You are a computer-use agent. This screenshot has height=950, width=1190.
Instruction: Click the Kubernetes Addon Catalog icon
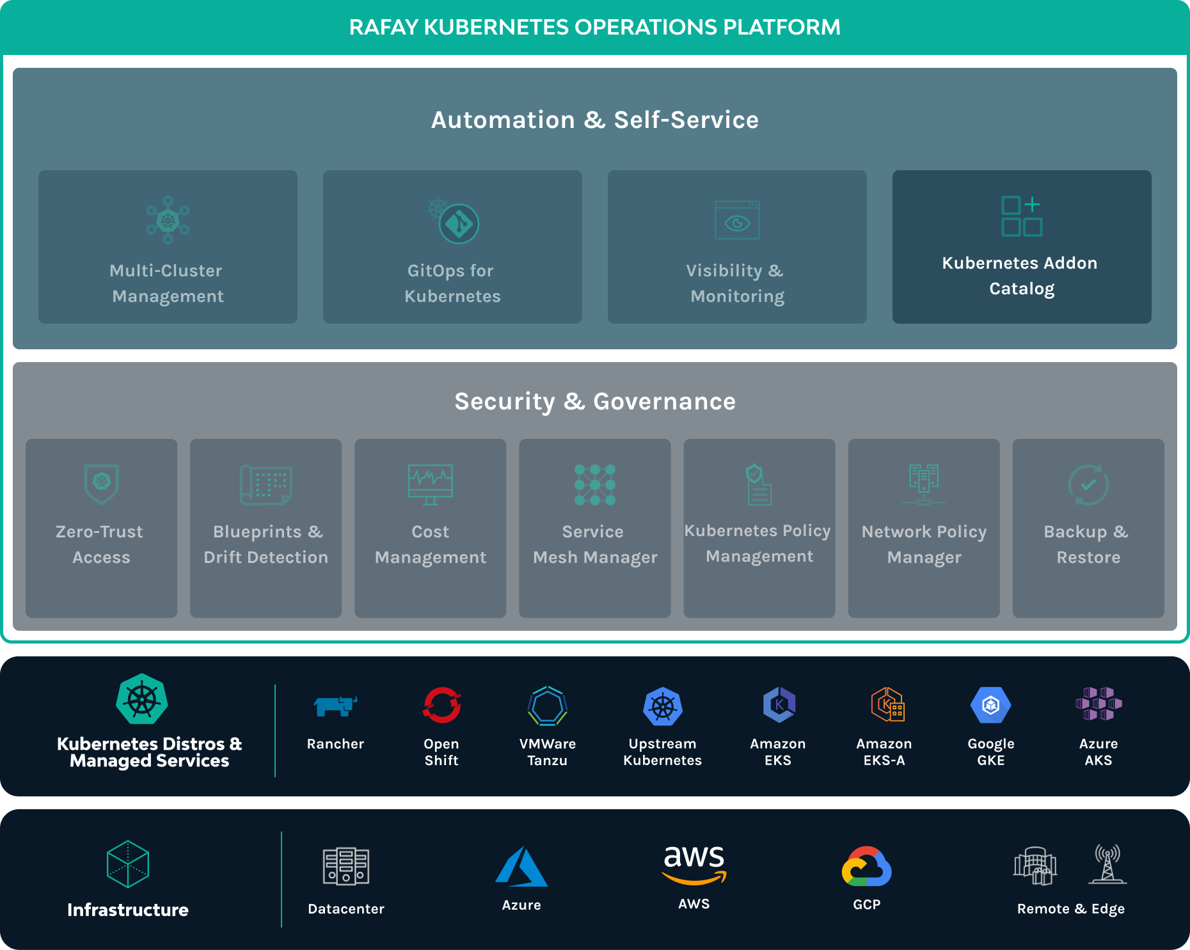point(1022,216)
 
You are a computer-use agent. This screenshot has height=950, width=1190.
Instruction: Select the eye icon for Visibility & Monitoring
point(737,220)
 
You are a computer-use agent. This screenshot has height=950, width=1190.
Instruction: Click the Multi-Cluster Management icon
point(168,220)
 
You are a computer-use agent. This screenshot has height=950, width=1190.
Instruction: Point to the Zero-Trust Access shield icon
point(102,484)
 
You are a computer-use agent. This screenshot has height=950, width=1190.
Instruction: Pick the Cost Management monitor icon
point(431,484)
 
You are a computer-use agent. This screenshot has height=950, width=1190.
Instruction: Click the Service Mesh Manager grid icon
point(595,485)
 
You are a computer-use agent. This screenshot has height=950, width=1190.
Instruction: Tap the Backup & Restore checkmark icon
point(1088,484)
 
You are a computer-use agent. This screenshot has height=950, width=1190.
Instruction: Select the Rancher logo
point(335,706)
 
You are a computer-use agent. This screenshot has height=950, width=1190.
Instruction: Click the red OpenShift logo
point(441,705)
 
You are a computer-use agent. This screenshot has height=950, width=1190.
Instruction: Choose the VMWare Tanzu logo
point(548,706)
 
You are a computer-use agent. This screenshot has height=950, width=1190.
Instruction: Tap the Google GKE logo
point(991,705)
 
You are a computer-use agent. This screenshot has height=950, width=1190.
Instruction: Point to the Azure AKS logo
point(1099,704)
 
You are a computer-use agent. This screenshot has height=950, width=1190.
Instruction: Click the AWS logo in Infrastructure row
point(694,864)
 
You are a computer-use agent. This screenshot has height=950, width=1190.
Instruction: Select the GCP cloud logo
point(867,866)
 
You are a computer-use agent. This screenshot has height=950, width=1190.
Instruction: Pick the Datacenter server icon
point(346,866)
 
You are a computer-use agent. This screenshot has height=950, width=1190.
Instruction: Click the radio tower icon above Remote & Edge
point(1107,864)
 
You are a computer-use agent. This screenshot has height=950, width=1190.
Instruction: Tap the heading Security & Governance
point(595,401)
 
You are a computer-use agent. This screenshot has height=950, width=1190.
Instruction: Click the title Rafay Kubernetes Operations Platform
point(595,27)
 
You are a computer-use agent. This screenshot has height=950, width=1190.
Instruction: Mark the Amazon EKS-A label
point(884,752)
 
